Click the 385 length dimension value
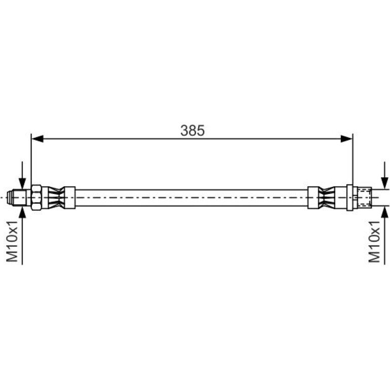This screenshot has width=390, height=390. [x=192, y=130]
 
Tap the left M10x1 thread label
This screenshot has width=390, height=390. [x=12, y=241]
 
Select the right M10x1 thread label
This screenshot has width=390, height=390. [x=374, y=242]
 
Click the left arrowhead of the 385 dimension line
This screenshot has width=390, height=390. [x=37, y=139]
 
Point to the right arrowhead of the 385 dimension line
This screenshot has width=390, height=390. [x=346, y=139]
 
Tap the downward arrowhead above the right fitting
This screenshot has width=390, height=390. [x=385, y=183]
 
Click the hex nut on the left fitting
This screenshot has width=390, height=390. [x=36, y=198]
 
